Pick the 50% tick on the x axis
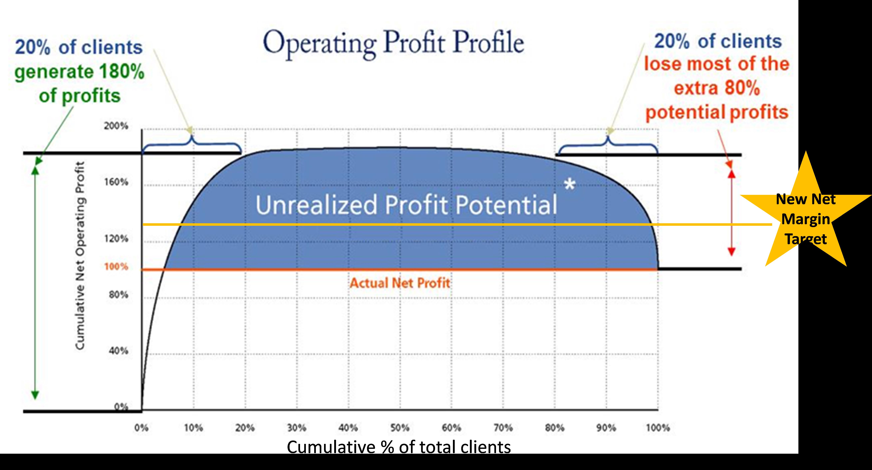click(400, 428)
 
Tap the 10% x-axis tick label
click(193, 428)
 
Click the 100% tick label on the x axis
click(658, 428)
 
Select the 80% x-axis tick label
click(554, 428)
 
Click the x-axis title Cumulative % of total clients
click(399, 447)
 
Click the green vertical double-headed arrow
click(35, 283)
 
